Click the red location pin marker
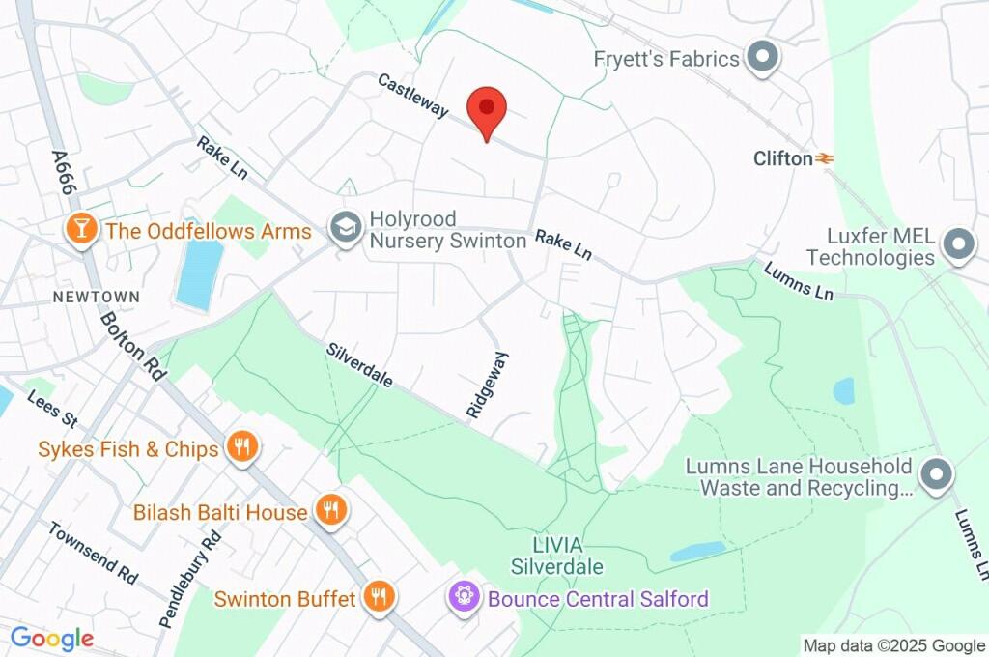click(x=487, y=109)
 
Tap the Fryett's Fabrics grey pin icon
click(x=764, y=58)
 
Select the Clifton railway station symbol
click(x=824, y=158)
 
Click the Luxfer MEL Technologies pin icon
click(x=958, y=245)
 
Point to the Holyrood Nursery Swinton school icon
click(x=343, y=229)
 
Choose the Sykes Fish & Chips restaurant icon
click(x=240, y=447)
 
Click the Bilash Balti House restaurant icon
click(x=330, y=511)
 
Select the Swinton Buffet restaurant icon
click(x=379, y=598)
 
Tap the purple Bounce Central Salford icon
click(x=465, y=598)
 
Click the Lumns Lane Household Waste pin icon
click(x=936, y=475)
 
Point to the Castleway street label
click(x=412, y=97)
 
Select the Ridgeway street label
click(x=487, y=385)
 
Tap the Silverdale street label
click(x=359, y=365)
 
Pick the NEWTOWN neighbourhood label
click(x=97, y=297)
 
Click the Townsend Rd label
click(x=94, y=553)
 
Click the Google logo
click(x=52, y=638)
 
